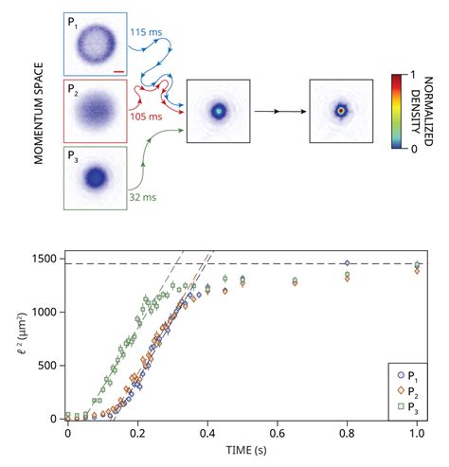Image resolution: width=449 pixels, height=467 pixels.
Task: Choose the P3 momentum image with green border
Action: click(x=95, y=178)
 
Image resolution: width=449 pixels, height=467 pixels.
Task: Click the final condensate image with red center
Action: click(x=343, y=111)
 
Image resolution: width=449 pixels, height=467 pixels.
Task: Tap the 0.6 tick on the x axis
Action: click(x=278, y=432)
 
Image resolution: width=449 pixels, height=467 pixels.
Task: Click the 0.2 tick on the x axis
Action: click(x=137, y=432)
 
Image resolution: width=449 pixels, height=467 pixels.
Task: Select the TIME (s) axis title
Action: click(x=242, y=448)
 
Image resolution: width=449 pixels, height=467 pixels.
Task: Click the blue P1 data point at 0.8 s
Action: click(x=348, y=263)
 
